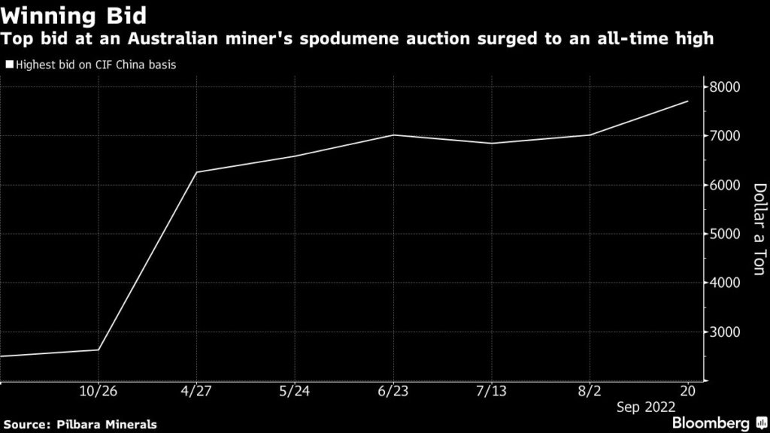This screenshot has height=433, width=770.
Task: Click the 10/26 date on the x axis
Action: coord(99,392)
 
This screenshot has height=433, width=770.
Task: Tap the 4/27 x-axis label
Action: coord(196,392)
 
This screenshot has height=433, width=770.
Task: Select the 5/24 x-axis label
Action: coord(294,392)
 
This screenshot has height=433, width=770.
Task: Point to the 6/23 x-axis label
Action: coord(393,392)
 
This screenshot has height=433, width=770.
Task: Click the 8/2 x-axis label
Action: coord(589,392)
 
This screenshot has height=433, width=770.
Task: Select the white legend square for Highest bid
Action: coord(8,65)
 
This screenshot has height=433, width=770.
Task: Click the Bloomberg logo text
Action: coord(711,423)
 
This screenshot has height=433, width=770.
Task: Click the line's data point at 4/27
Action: coord(196,172)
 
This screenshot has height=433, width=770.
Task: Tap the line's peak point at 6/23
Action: coord(393,135)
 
